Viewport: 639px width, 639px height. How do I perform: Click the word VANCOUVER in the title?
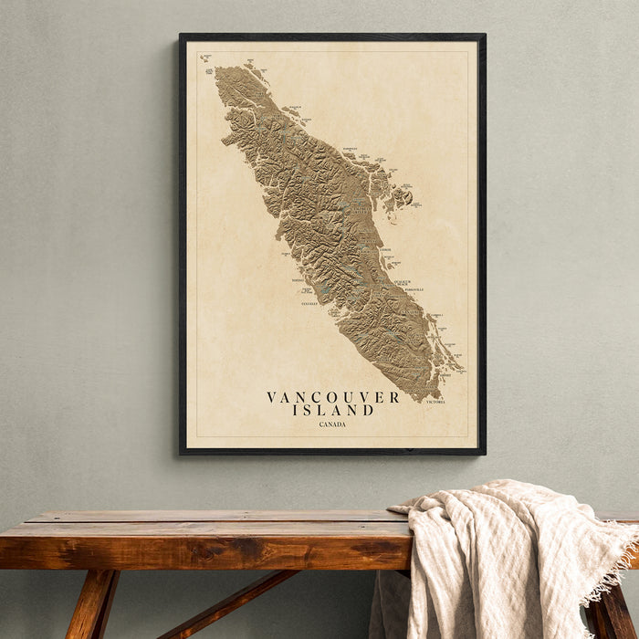pos(332,397)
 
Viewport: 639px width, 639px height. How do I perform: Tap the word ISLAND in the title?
pos(332,411)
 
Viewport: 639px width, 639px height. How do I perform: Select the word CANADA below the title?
pos(332,424)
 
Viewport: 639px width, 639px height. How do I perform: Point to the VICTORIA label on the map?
pos(435,402)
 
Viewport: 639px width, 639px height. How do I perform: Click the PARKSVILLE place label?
pos(413,289)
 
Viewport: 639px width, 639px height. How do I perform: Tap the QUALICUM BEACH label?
pos(403,282)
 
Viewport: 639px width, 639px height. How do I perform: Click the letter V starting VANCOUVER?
pos(271,397)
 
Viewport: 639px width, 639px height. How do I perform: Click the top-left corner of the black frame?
pos(182,36)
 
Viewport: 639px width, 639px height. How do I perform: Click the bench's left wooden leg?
pos(91,602)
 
